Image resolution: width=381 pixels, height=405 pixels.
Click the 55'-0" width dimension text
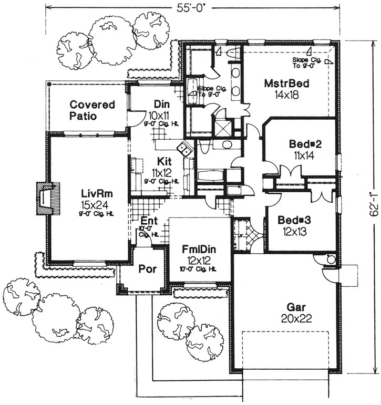(191, 7)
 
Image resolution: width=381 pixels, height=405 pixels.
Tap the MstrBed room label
(285, 83)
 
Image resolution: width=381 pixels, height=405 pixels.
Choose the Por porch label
(145, 269)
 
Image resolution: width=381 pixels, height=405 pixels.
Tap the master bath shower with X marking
(222, 128)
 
